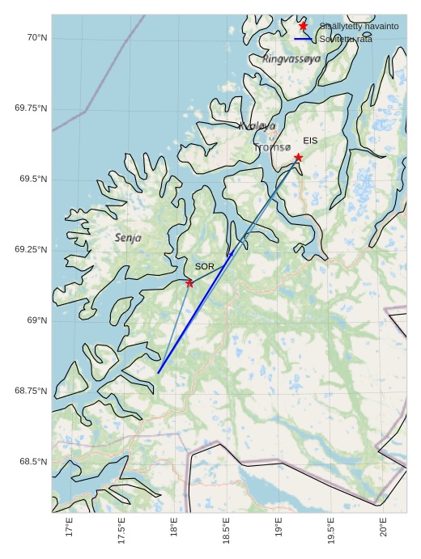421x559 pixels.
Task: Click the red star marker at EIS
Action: tap(298, 157)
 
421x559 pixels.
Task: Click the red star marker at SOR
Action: tap(189, 283)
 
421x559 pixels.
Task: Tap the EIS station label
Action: tap(310, 141)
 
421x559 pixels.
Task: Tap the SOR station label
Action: tap(204, 266)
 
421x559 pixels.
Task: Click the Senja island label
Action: tap(128, 238)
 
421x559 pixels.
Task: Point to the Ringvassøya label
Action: tap(291, 59)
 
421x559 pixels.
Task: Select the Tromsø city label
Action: tap(272, 147)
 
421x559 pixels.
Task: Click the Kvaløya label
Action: tap(257, 125)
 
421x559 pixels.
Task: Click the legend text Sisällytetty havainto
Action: tap(359, 27)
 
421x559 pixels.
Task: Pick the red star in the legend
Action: tap(303, 26)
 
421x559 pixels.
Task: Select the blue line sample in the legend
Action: tap(303, 39)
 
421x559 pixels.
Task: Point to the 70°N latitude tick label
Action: tap(35, 37)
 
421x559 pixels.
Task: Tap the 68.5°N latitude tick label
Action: tap(32, 461)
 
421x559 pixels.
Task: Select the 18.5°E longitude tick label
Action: tap(227, 531)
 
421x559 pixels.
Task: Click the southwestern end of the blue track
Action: tap(159, 372)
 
